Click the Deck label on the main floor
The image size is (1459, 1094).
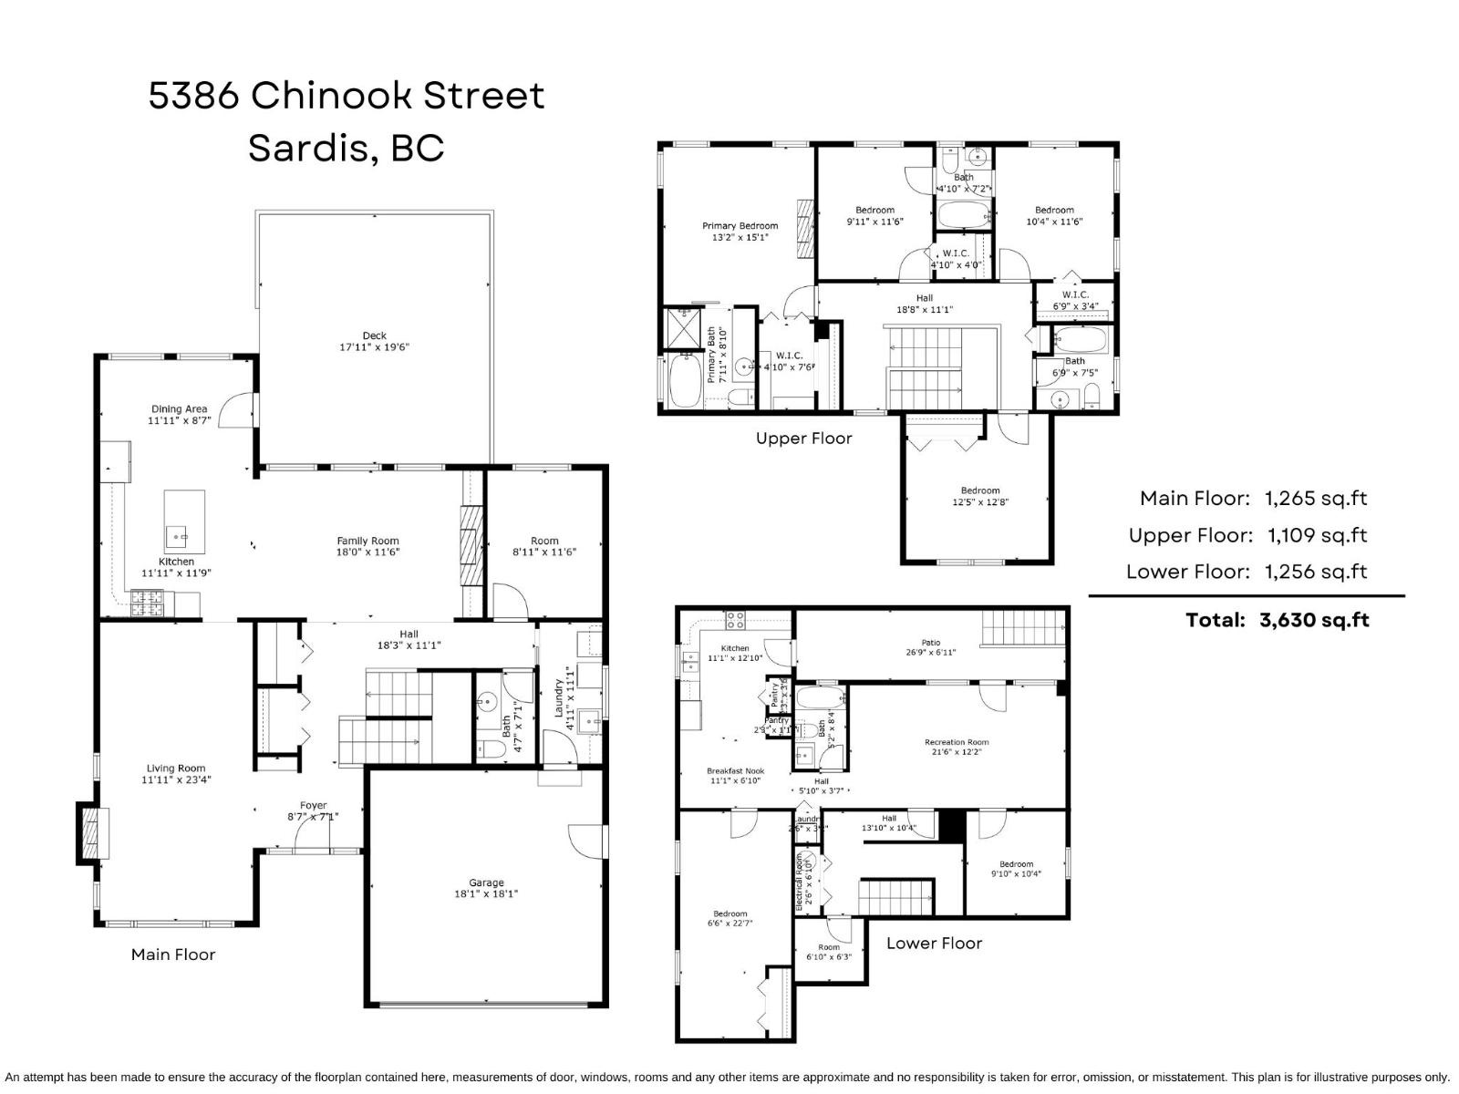tap(374, 335)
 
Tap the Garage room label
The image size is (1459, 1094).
tap(486, 882)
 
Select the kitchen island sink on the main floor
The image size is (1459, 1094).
tap(176, 532)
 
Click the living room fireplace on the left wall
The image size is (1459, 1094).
tap(89, 832)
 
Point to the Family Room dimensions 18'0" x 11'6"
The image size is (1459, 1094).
tap(367, 552)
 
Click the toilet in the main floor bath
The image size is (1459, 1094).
tap(492, 750)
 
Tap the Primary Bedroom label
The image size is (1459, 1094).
tap(740, 226)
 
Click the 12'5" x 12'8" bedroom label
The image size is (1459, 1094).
tap(980, 496)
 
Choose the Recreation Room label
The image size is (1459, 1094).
tap(957, 742)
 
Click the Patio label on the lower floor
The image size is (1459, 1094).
tap(930, 643)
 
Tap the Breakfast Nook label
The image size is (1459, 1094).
tap(735, 771)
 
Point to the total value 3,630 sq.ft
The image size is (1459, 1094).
tap(1314, 620)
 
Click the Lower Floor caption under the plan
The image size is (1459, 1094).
tap(934, 944)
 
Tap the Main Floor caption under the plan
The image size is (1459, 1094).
tap(173, 955)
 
